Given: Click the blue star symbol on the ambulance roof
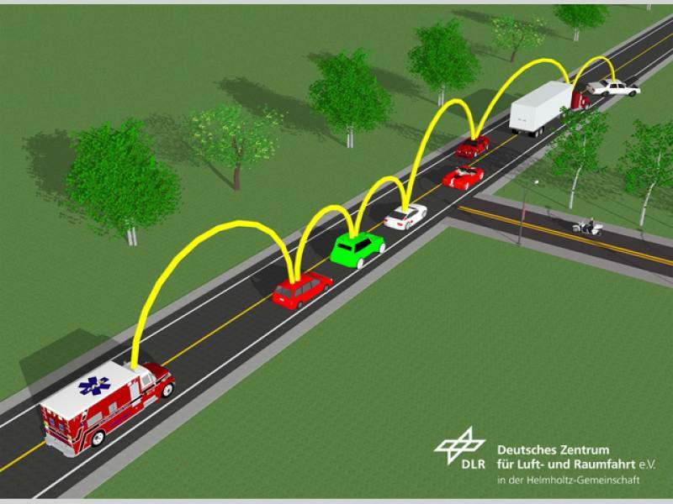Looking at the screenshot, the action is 94,386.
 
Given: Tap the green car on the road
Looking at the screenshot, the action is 357,249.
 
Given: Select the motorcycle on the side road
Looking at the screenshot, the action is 587,227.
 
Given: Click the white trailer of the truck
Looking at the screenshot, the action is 540,107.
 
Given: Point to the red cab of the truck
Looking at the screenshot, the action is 580,101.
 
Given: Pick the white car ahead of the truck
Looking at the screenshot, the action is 613,88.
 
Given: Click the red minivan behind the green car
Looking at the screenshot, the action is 302,290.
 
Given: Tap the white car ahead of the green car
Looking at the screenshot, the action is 405,217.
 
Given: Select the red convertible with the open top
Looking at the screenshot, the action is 463,177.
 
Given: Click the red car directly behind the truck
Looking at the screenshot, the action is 472,147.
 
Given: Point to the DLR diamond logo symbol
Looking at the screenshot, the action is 459,444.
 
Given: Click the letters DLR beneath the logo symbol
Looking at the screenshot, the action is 474,465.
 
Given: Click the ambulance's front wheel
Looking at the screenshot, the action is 167,390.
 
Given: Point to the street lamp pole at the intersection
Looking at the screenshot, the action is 523,213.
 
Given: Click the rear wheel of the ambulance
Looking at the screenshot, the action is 98,438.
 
